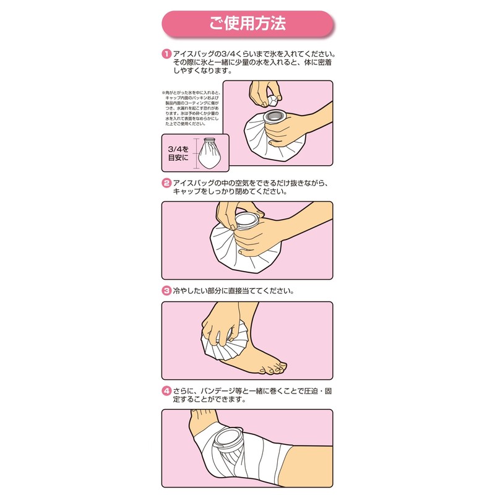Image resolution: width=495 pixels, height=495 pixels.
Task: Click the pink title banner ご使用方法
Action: pyautogui.click(x=247, y=25)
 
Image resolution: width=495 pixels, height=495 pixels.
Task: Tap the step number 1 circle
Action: pyautogui.click(x=166, y=54)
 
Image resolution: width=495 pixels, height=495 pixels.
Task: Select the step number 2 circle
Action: pyautogui.click(x=166, y=183)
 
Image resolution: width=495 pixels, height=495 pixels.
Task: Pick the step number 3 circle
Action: pyautogui.click(x=166, y=290)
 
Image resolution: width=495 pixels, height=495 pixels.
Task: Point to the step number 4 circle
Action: pyautogui.click(x=166, y=390)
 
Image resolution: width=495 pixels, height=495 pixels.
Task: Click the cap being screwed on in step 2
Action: pyautogui.click(x=249, y=221)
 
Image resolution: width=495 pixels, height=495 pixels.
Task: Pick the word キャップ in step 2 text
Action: pyautogui.click(x=190, y=192)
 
